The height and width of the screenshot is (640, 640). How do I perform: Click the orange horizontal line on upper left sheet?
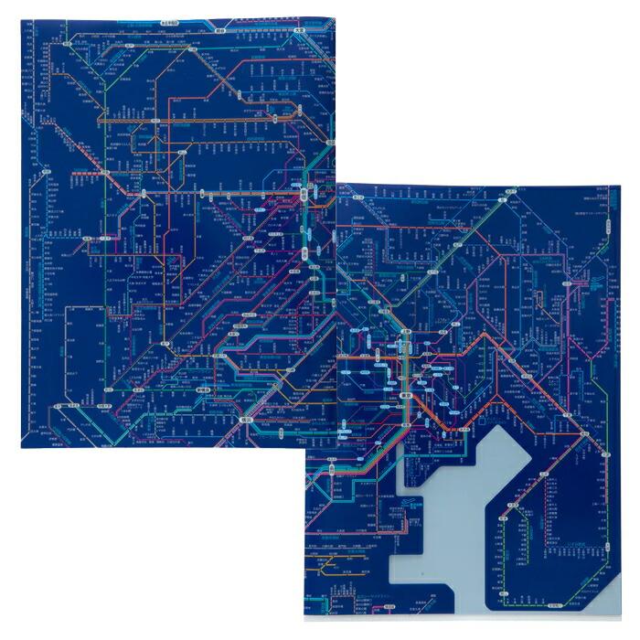183,118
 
